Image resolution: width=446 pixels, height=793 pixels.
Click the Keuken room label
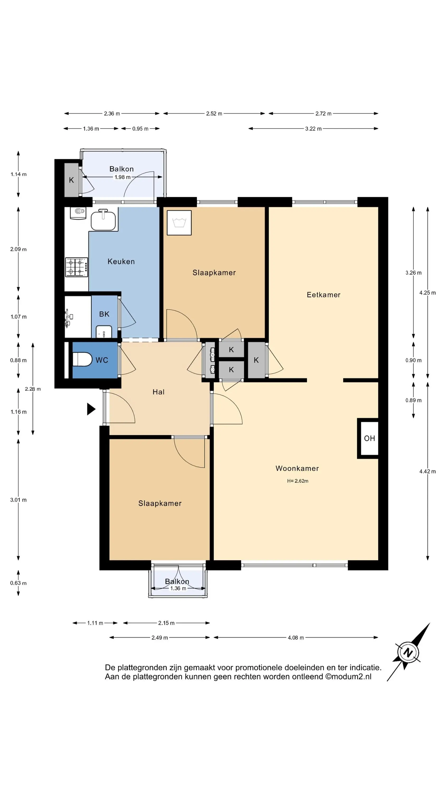click(121, 261)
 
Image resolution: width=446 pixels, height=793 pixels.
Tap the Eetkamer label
click(323, 295)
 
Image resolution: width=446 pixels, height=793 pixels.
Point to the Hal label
click(159, 392)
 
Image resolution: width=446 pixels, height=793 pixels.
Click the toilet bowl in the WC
click(82, 359)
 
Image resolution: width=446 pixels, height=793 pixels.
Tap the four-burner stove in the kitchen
click(77, 267)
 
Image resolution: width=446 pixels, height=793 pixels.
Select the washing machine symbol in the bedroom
click(179, 223)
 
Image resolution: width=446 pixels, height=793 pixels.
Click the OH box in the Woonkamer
click(368, 438)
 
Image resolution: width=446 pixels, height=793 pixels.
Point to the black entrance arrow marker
click(91, 409)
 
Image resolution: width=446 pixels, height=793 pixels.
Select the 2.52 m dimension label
click(214, 114)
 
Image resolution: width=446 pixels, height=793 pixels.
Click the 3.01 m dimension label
click(18, 500)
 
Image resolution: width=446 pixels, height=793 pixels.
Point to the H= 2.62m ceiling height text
click(298, 481)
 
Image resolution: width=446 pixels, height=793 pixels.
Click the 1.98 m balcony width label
click(123, 177)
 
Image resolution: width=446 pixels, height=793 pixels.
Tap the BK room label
click(104, 314)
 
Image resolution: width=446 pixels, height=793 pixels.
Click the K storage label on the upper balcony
click(71, 180)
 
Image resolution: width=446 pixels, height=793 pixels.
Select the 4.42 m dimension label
click(428, 471)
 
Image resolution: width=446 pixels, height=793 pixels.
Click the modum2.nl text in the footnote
click(351, 677)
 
